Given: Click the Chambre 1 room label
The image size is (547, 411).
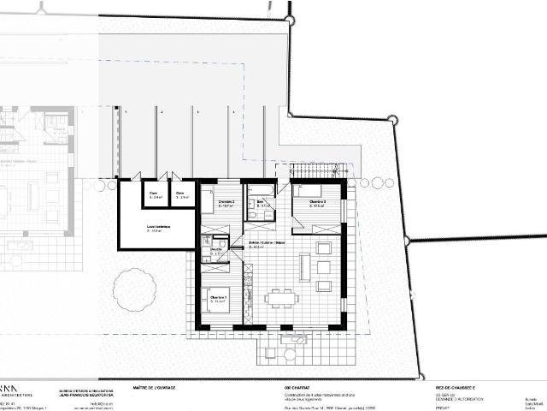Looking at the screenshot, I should click(x=218, y=299).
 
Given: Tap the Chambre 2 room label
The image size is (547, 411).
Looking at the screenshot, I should click(x=226, y=204).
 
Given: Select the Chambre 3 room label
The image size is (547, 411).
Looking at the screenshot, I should click(x=309, y=203).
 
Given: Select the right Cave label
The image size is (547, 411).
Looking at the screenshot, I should click(x=180, y=194).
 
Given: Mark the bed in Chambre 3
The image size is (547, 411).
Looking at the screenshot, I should click(x=308, y=190).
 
